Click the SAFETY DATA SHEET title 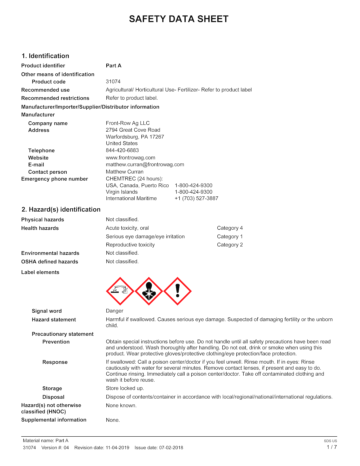click(179, 19)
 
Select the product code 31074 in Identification click(113, 82)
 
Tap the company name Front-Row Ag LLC click(128, 123)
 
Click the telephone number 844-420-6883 click(122, 150)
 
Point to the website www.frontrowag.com click(130, 158)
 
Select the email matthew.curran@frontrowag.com click(145, 165)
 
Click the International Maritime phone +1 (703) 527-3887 click(196, 198)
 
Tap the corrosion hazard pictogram click(120, 291)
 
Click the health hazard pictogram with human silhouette click(149, 291)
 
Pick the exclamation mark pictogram click(178, 291)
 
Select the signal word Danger click(115, 311)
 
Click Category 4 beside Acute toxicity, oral click(230, 228)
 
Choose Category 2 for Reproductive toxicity click(230, 245)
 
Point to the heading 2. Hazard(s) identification click(61, 210)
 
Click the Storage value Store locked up click(125, 388)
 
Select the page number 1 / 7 click(332, 447)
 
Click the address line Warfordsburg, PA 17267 click(135, 137)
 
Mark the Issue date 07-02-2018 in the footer click(171, 448)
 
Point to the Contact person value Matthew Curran click(125, 172)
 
